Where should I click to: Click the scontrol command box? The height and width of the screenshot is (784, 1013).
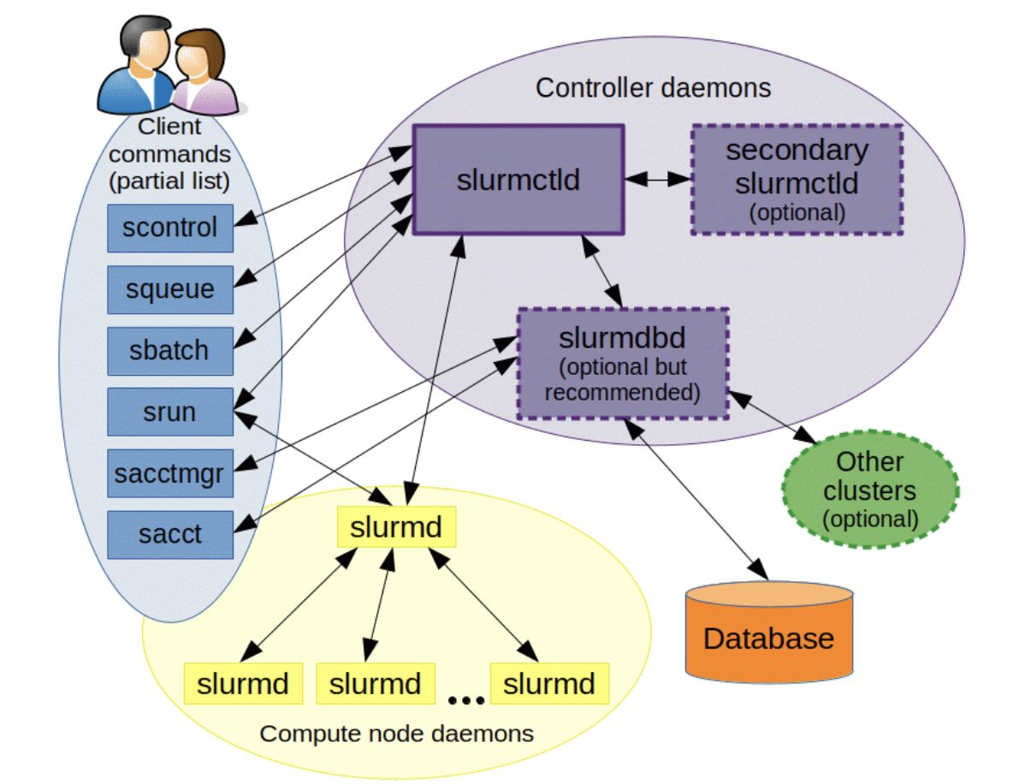170,228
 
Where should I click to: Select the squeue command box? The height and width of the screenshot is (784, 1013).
170,289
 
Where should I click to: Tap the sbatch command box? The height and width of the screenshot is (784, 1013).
170,351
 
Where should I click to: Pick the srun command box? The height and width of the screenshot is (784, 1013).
170,412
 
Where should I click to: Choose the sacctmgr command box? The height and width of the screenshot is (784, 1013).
170,473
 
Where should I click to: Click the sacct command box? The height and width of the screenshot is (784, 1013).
170,534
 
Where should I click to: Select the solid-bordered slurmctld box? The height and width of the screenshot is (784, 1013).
518,180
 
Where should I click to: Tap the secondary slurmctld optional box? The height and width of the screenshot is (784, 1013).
797,180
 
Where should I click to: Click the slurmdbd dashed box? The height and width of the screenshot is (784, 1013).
623,364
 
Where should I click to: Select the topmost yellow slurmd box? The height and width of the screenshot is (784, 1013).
396,526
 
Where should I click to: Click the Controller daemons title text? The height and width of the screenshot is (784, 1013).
653,88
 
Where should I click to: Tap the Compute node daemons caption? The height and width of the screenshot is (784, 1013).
396,734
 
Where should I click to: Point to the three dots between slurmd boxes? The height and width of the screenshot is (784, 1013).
465,700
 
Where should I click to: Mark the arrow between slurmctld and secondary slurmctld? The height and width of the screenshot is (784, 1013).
657,180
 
